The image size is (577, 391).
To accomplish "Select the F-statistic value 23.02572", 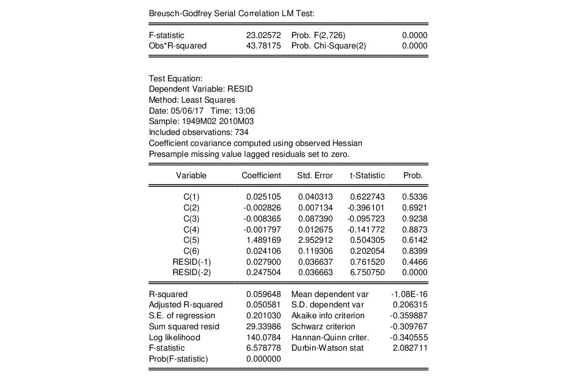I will [x=263, y=35].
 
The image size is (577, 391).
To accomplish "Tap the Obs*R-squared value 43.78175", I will [x=263, y=46].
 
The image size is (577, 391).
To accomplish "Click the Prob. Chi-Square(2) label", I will [x=328, y=46].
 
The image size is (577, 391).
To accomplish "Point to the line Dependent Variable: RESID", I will [x=200, y=89].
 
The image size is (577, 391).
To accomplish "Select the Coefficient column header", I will [x=261, y=175].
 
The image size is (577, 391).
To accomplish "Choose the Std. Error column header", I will [x=314, y=175].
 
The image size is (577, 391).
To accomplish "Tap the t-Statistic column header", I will [x=367, y=175].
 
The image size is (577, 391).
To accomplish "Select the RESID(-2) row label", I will [x=191, y=272].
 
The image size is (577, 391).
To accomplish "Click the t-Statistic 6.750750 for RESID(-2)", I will [x=367, y=272].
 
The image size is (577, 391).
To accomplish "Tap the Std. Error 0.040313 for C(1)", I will [x=315, y=197].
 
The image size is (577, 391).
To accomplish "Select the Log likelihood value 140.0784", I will [x=263, y=337].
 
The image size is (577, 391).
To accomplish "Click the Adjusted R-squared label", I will [x=185, y=304].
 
